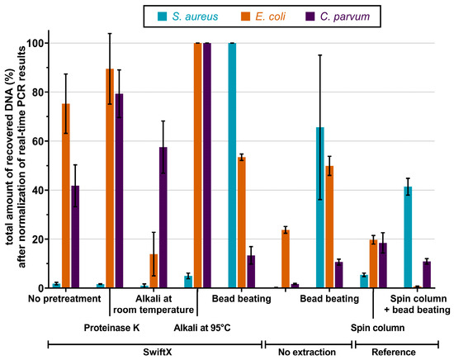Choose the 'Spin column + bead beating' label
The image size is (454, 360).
410,304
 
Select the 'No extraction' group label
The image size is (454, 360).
308,352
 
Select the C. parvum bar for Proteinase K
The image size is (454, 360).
120,191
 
